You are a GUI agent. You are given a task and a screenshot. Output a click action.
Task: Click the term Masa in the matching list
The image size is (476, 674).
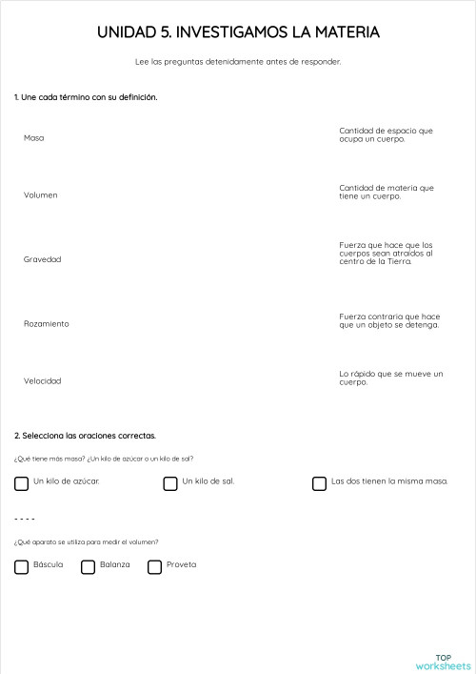point(34,138)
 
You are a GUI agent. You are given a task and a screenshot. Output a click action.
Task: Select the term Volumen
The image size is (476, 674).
point(41,195)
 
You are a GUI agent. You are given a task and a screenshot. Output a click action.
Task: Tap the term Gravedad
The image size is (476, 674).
point(43,259)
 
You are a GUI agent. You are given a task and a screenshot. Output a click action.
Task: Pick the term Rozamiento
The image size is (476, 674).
point(47,324)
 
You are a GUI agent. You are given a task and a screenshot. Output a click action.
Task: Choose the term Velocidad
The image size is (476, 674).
point(43,381)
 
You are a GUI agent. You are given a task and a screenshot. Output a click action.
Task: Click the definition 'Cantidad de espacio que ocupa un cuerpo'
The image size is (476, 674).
point(386,134)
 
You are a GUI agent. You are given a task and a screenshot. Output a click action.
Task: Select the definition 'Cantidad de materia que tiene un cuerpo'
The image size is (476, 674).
point(386,192)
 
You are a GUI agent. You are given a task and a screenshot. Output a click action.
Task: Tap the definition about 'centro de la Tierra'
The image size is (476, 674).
point(386,253)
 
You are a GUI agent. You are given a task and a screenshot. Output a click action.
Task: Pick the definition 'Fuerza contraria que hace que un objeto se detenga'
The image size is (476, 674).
point(388,320)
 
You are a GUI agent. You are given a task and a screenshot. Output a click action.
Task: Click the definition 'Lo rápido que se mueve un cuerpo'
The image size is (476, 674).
point(390,378)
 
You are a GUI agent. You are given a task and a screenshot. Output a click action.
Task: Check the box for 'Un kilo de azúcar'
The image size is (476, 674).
point(22,483)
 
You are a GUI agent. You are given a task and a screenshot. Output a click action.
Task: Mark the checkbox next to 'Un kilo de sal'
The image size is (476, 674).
point(170,483)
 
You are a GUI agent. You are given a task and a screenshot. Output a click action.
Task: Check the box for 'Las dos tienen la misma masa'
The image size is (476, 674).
point(320,483)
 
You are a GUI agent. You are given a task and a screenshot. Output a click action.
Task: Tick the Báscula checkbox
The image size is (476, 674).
point(22,567)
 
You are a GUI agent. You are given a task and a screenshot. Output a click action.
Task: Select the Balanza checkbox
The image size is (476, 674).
point(89,567)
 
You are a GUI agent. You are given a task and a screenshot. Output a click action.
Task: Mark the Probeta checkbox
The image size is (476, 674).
point(155,567)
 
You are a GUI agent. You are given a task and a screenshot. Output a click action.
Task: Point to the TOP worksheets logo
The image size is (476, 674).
point(443,661)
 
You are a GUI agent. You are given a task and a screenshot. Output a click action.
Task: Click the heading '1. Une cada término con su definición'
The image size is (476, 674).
point(86,97)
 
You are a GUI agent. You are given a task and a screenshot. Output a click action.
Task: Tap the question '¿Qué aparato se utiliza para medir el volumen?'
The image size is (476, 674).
point(86,542)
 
